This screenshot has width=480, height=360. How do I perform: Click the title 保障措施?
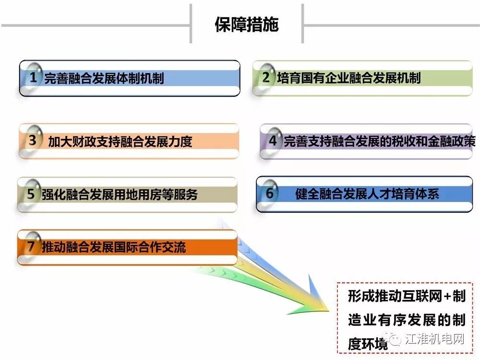pos(247,24)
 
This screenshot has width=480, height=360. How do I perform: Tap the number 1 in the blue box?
pos(33,77)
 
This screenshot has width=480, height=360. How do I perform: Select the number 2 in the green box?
pos(266,77)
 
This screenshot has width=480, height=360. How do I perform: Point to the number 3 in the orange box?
pos(33,141)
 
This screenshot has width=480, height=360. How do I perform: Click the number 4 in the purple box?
pos(273,141)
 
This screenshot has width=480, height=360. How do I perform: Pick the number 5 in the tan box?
pos(31,194)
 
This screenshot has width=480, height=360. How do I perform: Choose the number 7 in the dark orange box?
pos(31,247)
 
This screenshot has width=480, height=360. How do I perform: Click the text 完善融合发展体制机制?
pos(104,78)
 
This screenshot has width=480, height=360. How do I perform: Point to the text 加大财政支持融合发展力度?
pos(120,141)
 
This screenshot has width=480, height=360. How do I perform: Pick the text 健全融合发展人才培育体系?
pos(367,194)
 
